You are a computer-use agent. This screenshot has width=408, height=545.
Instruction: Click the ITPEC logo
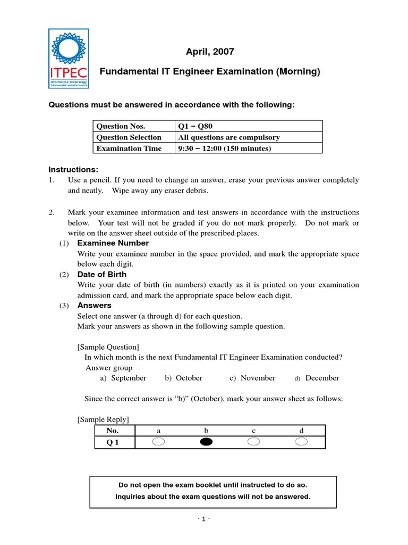(x=69, y=59)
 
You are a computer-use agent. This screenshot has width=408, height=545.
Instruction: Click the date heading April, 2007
(x=209, y=52)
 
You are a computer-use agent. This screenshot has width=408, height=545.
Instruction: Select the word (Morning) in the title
(x=298, y=71)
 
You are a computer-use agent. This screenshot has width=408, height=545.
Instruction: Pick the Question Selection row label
(x=128, y=137)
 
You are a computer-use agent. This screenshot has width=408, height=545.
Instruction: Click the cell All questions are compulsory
(x=228, y=137)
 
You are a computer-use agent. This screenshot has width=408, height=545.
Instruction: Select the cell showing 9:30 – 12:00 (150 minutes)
(x=224, y=148)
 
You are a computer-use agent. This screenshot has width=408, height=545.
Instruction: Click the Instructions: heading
(x=74, y=169)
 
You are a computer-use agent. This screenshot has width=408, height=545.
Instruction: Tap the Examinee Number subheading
(x=113, y=243)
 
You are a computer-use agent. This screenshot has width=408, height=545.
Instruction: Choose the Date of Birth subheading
(x=102, y=275)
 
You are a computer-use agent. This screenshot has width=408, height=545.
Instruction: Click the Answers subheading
(x=95, y=305)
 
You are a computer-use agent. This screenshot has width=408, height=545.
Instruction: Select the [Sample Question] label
(x=108, y=347)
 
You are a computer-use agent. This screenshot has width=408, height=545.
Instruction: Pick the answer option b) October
(x=183, y=378)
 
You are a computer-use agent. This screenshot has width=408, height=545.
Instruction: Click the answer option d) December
(x=317, y=378)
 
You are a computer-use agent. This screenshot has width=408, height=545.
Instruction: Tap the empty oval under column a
(x=159, y=442)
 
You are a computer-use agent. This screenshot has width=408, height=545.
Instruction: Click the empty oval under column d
(x=301, y=442)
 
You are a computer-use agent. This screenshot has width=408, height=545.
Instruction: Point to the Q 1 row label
(x=113, y=442)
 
